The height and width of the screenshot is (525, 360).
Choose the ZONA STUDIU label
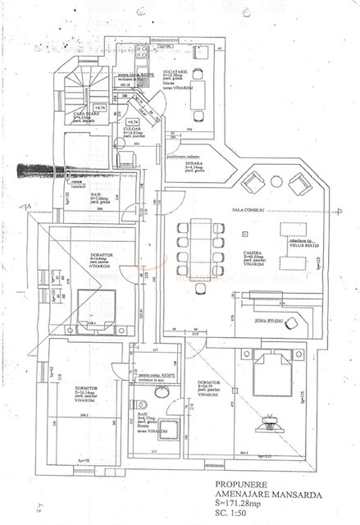click(270, 321)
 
